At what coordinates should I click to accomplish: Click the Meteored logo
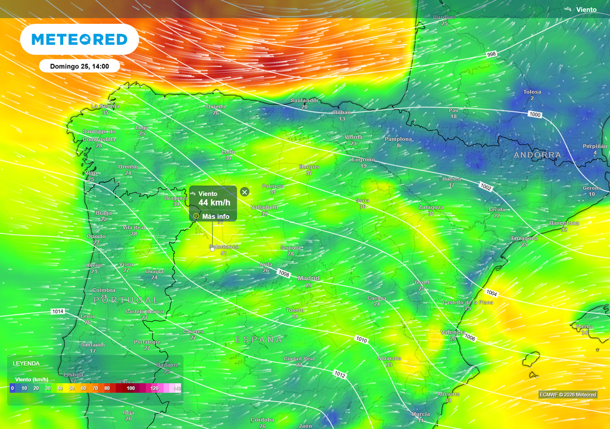(79, 39)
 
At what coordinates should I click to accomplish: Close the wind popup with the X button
(244, 191)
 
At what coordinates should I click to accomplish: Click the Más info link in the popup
(215, 216)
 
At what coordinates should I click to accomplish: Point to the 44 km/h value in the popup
(214, 203)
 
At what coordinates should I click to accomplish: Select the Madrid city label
(309, 278)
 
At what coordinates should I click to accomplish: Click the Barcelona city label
(564, 223)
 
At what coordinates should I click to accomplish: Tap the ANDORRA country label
(537, 155)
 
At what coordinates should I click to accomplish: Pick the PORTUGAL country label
(126, 300)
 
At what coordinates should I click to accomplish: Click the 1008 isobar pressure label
(284, 273)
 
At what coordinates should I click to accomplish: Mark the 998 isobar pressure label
(491, 54)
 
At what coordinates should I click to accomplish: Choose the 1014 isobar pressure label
(58, 312)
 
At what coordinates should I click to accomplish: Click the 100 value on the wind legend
(131, 388)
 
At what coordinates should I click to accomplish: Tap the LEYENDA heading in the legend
(26, 363)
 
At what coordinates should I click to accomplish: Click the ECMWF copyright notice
(567, 394)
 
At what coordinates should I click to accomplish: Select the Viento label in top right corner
(586, 10)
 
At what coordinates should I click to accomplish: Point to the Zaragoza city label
(431, 207)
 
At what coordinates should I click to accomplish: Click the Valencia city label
(452, 332)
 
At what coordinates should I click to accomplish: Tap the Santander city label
(304, 101)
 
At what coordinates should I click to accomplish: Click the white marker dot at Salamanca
(212, 250)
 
